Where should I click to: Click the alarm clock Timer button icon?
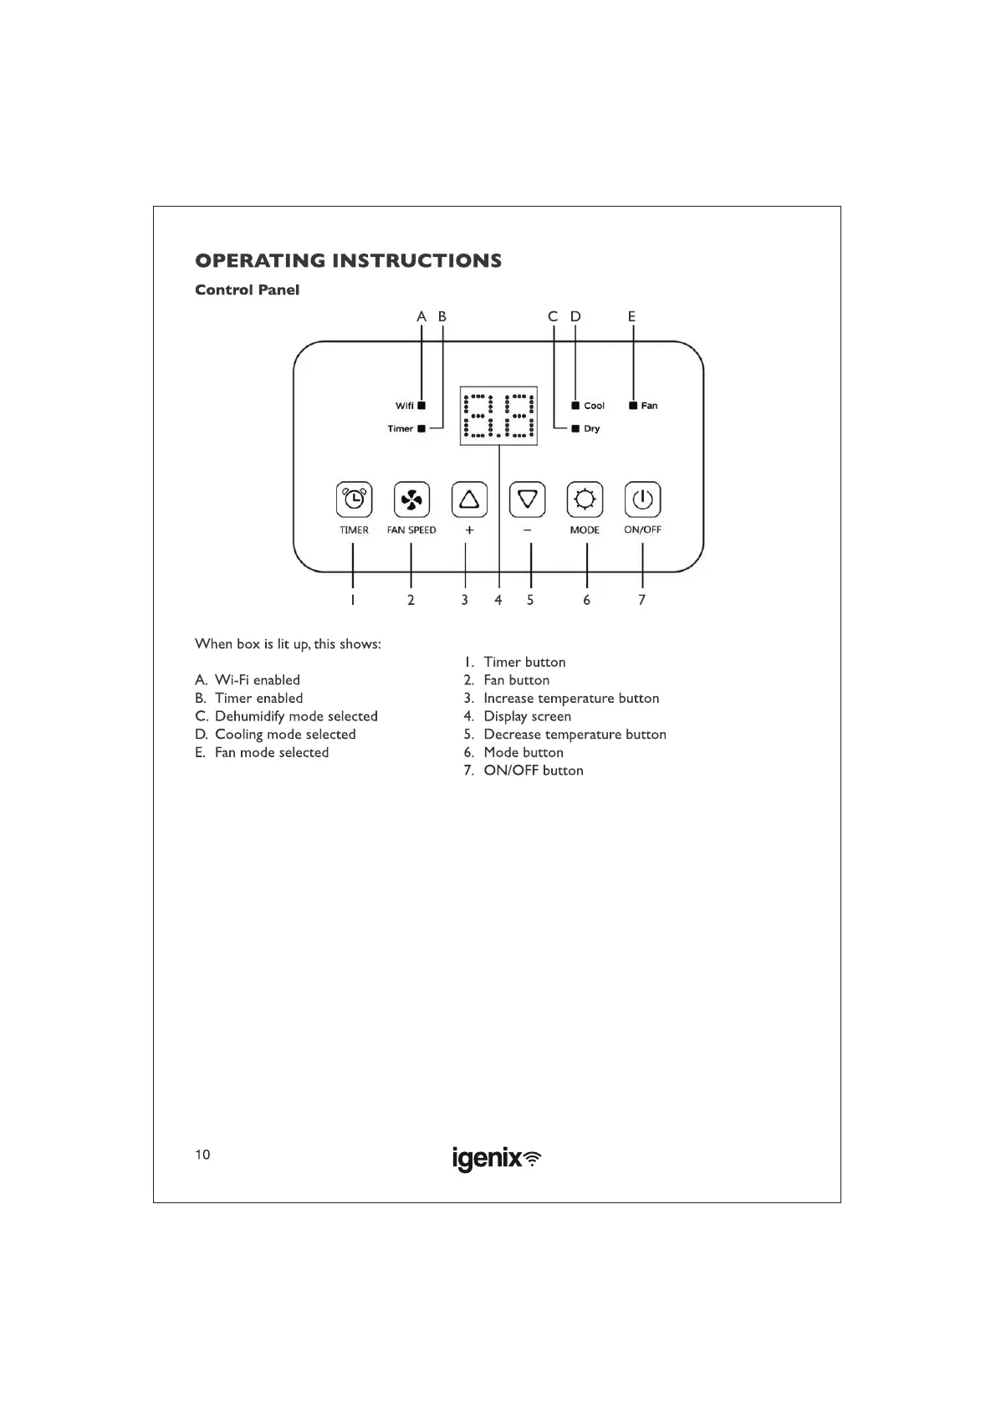[x=354, y=500]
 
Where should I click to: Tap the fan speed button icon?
[x=411, y=500]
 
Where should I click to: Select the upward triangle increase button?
[x=469, y=500]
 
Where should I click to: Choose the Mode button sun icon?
[x=585, y=500]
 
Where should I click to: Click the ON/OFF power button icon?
[x=642, y=500]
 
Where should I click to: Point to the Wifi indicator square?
[x=421, y=405]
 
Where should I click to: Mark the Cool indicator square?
[x=575, y=405]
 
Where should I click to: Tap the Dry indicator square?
[x=575, y=428]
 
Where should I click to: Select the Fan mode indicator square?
[x=633, y=405]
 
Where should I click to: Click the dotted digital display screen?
[x=498, y=416]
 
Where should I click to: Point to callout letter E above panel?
[x=632, y=316]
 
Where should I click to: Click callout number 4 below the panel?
[x=498, y=600]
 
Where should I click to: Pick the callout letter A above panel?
[x=421, y=316]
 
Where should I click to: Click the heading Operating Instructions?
[x=348, y=260]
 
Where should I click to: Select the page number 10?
[x=202, y=1155]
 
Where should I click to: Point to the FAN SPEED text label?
[x=411, y=530]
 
